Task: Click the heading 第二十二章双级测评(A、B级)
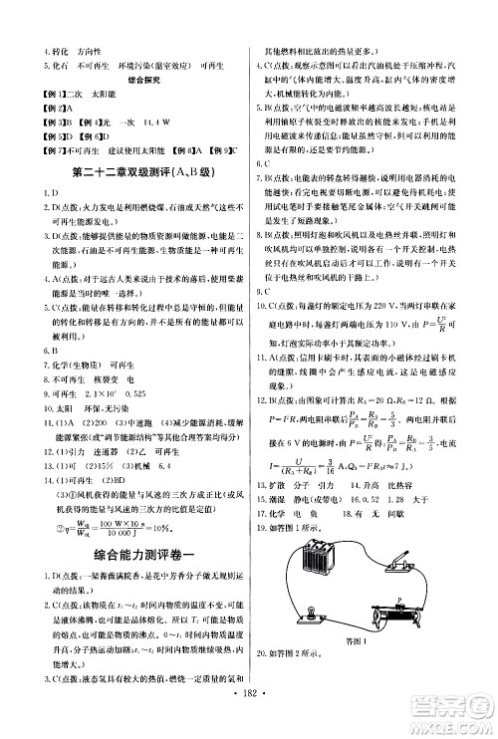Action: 124,177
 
